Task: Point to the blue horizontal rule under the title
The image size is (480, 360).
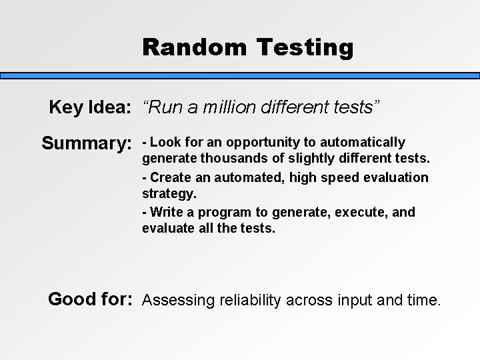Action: (x=240, y=76)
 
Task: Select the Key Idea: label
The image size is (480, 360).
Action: (x=89, y=107)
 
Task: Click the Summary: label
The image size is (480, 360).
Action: (x=86, y=143)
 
